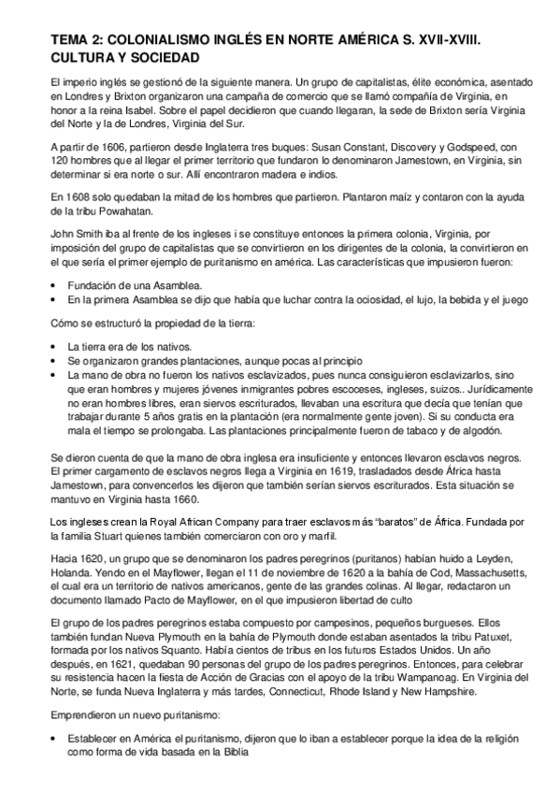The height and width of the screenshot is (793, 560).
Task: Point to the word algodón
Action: [480, 407]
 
